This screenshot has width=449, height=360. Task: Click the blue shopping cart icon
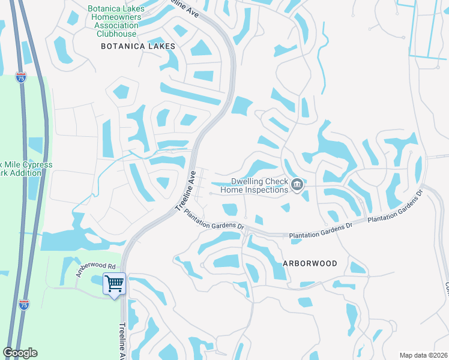click(x=114, y=284)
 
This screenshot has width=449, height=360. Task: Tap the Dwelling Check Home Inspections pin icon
click(x=297, y=185)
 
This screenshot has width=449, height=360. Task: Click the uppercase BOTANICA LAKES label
click(x=138, y=46)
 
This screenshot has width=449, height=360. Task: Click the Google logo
click(x=20, y=353)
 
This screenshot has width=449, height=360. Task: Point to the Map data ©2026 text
click(x=423, y=355)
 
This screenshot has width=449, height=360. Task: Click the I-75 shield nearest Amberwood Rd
click(x=24, y=305)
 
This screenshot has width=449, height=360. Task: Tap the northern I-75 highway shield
click(x=21, y=77)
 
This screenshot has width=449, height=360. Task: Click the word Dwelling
click(x=250, y=181)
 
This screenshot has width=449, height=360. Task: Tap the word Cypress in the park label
click(x=37, y=164)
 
